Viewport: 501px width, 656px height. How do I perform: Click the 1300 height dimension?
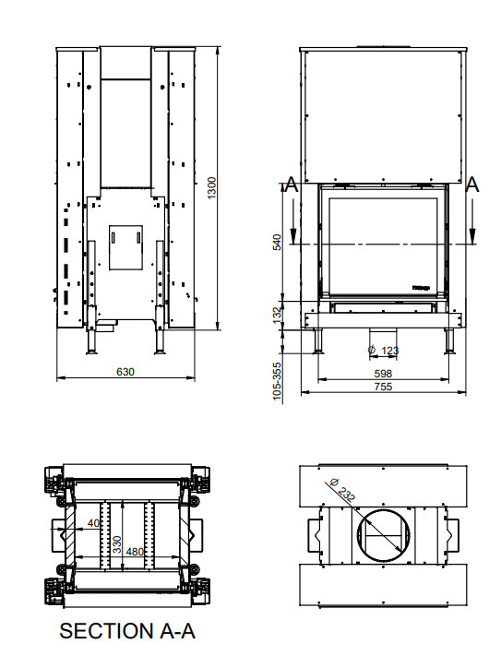211,192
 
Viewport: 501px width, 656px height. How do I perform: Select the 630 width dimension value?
125,372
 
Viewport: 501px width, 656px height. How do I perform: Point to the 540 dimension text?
277,243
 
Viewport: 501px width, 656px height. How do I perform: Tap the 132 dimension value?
277,315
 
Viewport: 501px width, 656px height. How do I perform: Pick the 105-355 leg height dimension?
277,379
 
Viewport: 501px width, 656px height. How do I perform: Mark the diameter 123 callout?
384,350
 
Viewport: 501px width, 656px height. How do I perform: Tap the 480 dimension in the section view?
135,552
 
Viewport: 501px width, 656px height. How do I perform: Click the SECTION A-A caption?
126,631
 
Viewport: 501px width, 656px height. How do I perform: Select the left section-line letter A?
292,185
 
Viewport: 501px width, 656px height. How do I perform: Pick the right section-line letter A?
472,185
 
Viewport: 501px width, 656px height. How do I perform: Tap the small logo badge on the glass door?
422,287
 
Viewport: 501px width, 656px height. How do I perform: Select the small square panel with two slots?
121,245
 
